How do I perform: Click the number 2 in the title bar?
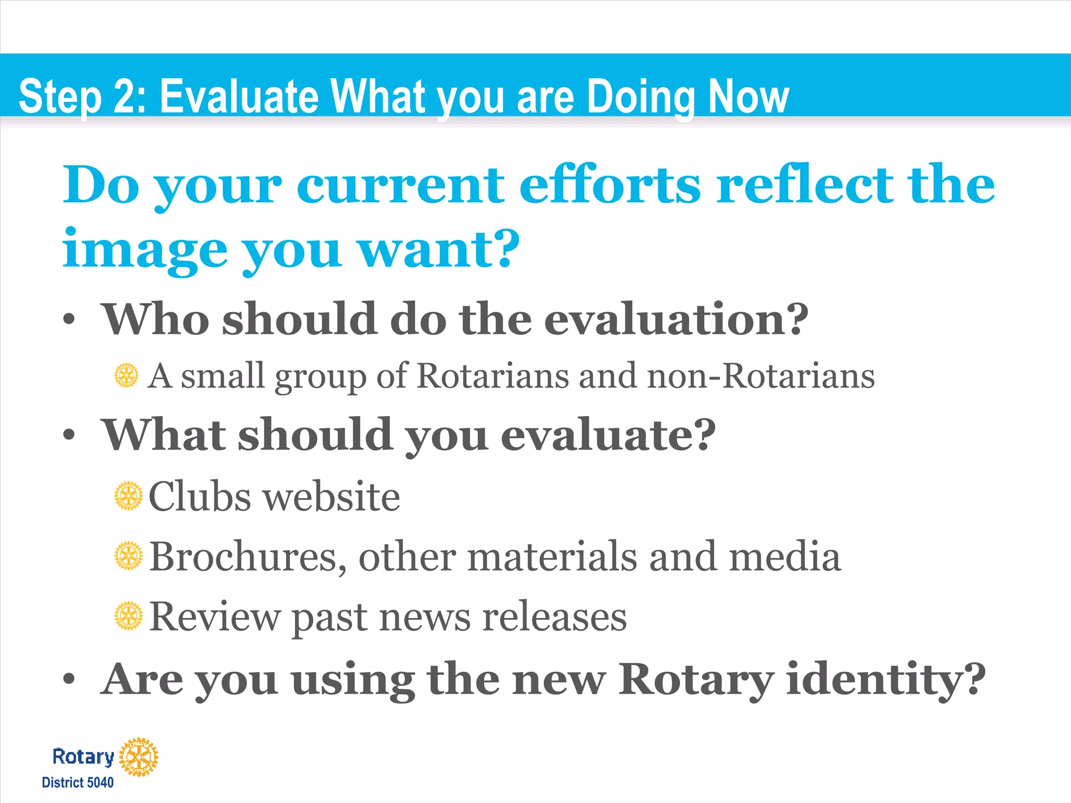click(124, 96)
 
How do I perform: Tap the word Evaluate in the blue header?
click(239, 96)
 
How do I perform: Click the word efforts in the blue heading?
click(610, 185)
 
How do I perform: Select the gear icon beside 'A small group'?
click(127, 376)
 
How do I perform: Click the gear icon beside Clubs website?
click(128, 496)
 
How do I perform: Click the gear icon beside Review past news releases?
click(128, 616)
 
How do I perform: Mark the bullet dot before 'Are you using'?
click(69, 680)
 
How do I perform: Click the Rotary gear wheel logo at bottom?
click(139, 757)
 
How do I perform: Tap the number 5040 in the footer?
click(100, 783)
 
